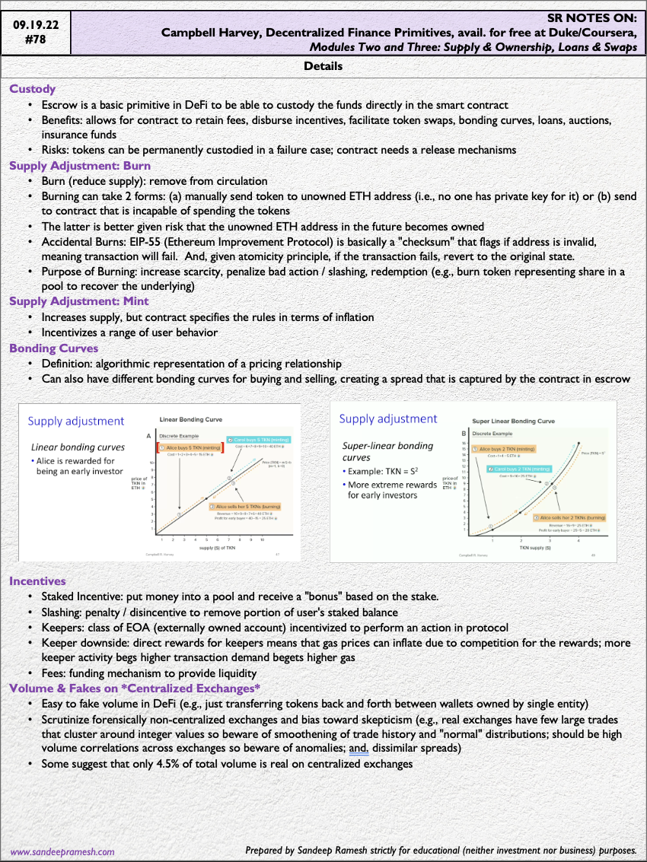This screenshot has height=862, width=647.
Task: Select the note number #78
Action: click(35, 40)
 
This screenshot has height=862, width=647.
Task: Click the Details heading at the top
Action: click(323, 67)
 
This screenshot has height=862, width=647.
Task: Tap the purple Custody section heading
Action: click(32, 89)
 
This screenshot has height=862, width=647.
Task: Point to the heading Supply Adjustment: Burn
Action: click(80, 166)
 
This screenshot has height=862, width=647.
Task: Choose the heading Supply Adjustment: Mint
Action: click(79, 301)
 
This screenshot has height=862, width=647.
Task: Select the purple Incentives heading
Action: click(37, 580)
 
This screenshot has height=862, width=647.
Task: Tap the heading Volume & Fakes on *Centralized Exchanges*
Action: click(135, 689)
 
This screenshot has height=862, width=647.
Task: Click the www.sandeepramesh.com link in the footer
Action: click(62, 852)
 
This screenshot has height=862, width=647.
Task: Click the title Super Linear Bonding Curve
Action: click(514, 421)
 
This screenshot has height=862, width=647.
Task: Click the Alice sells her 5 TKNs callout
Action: click(248, 506)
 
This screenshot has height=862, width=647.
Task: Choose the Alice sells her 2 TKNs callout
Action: click(572, 517)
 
